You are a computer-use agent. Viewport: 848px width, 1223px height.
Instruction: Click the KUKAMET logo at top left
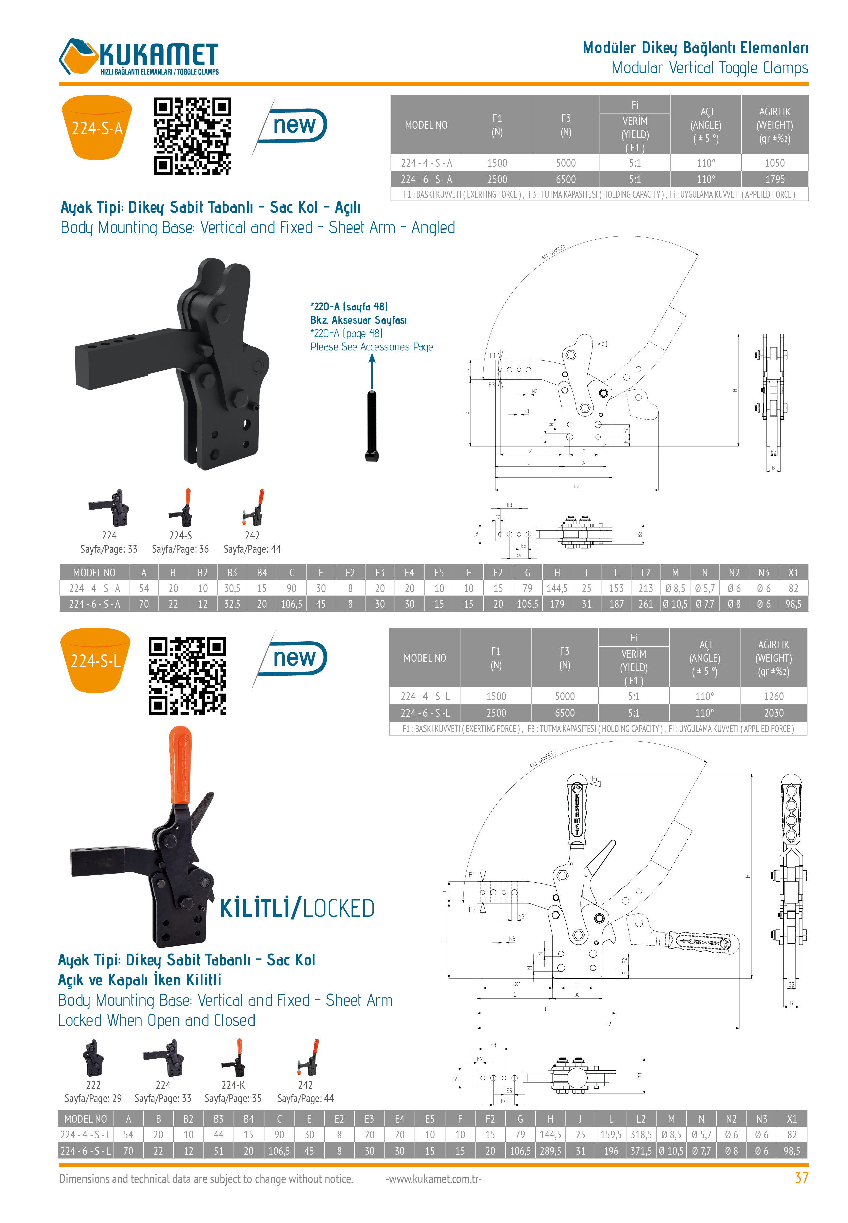click(139, 56)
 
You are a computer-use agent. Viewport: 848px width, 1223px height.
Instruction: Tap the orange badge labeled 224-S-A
click(97, 128)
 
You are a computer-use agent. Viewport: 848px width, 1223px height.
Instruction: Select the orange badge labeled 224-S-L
click(96, 661)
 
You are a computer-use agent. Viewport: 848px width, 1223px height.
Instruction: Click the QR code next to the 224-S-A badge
click(192, 136)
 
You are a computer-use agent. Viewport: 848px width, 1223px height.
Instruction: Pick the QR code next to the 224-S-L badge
click(187, 676)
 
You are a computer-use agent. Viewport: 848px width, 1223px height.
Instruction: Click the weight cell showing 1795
click(774, 179)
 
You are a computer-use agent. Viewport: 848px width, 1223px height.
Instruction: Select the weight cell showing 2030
click(773, 713)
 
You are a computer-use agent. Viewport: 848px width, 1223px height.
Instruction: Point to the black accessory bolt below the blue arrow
click(372, 425)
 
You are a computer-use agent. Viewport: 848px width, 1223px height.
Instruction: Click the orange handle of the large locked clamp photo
click(180, 765)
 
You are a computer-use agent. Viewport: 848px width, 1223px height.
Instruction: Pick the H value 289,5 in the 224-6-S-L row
click(550, 1151)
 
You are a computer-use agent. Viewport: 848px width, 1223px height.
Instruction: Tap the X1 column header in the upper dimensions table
click(793, 573)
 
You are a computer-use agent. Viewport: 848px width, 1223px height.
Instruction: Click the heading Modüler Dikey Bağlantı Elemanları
click(695, 48)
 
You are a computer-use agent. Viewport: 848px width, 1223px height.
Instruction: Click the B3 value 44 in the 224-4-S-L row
click(218, 1135)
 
